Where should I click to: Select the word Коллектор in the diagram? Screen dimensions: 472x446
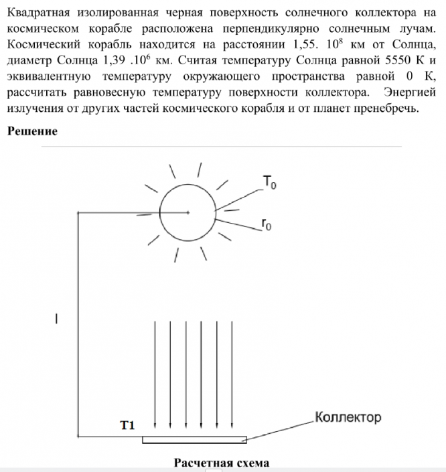pyautogui.click(x=348, y=418)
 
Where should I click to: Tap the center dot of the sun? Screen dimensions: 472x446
pyautogui.click(x=188, y=212)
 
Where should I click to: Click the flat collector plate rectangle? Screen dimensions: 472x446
pyautogui.click(x=195, y=440)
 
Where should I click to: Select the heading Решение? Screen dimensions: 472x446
pyautogui.click(x=32, y=131)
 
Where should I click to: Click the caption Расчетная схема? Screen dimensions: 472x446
pyautogui.click(x=222, y=463)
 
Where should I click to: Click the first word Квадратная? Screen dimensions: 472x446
pyautogui.click(x=42, y=13)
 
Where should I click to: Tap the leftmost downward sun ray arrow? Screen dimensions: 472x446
pyautogui.click(x=155, y=375)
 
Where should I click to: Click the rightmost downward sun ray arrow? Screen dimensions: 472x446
pyautogui.click(x=232, y=375)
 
